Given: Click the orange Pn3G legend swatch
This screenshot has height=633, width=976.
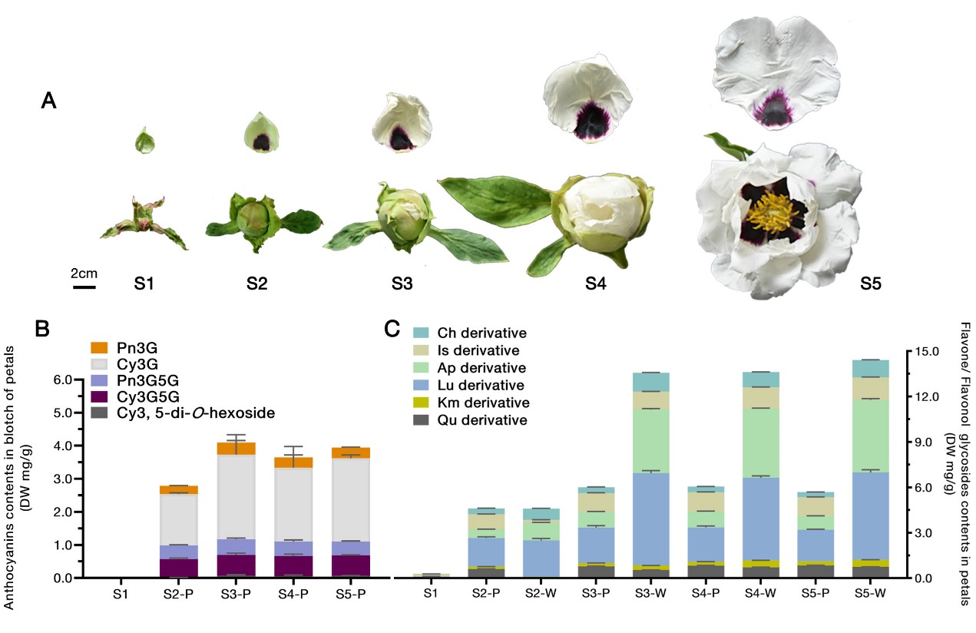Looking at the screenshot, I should pyautogui.click(x=99, y=348).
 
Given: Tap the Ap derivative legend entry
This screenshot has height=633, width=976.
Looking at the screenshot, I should pyautogui.click(x=481, y=367).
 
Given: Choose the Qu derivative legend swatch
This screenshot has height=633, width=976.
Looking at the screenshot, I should pyautogui.click(x=420, y=420).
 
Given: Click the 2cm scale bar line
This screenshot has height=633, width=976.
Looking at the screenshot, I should pyautogui.click(x=84, y=288).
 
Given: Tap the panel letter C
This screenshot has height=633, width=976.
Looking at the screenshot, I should pyautogui.click(x=392, y=330).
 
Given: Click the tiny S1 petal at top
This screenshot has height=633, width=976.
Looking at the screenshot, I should pyautogui.click(x=144, y=141).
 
